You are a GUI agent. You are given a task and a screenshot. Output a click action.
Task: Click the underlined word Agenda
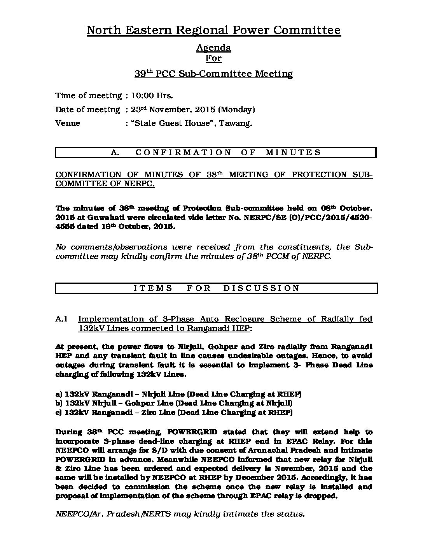coord(213,48)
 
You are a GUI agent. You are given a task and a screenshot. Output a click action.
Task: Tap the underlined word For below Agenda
coord(213,59)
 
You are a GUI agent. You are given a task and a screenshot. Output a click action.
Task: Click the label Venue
coord(68,123)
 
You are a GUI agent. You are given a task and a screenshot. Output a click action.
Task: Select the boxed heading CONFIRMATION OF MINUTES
coord(215,153)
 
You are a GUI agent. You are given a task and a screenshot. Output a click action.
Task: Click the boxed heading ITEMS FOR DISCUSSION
coord(216,288)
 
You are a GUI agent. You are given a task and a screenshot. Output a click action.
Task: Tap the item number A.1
coord(62,319)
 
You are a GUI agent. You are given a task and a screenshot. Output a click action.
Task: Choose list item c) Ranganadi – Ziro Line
coord(174,413)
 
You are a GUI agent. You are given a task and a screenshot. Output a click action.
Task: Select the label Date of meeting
coord(87,110)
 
